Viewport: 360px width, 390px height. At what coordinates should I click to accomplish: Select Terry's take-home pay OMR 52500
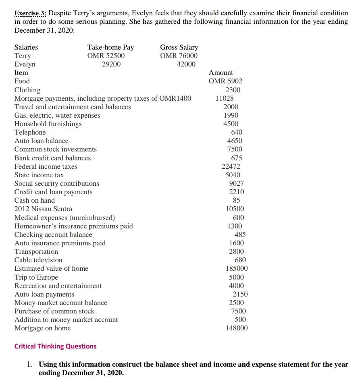coord(106,56)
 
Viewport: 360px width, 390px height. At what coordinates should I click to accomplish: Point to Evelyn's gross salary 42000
coord(186,64)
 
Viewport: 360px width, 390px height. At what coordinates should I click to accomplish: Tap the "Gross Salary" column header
coord(179,47)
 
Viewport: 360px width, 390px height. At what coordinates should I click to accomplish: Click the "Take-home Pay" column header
coord(110,47)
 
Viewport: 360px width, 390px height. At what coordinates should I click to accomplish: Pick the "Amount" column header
coord(221,73)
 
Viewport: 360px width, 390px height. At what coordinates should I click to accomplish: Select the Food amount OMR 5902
coord(225,81)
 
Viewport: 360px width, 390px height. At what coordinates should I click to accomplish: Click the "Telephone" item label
coord(30,132)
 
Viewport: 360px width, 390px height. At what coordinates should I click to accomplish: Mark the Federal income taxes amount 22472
coord(231,166)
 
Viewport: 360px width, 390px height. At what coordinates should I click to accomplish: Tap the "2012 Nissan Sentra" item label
coord(44,209)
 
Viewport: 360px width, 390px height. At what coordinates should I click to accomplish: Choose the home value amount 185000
coord(237,268)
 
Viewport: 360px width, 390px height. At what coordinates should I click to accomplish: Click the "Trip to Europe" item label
coord(36,277)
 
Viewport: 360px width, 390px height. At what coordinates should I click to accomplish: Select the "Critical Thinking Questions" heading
coord(56,346)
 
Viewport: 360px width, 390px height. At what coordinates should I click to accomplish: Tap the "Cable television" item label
coord(39,260)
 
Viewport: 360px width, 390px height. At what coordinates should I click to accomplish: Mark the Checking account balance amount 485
coord(240,234)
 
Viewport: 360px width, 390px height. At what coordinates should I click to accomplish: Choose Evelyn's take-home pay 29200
coord(111,64)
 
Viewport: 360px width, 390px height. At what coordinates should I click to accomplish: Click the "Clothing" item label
coord(27,90)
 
